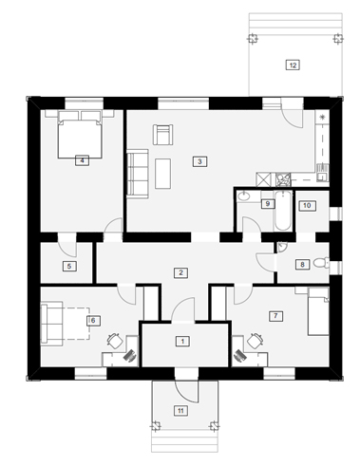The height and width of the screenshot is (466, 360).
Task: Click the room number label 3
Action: pyautogui.click(x=199, y=161)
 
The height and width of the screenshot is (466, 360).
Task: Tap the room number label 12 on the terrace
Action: pyautogui.click(x=293, y=65)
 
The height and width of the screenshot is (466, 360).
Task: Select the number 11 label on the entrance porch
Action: pyautogui.click(x=180, y=411)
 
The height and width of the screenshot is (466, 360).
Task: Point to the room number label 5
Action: pyautogui.click(x=69, y=266)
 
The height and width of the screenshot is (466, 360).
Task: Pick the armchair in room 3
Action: pyautogui.click(x=163, y=135)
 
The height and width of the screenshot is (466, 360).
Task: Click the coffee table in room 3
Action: pyautogui.click(x=162, y=174)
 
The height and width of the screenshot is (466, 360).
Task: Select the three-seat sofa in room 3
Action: pyautogui.click(x=138, y=174)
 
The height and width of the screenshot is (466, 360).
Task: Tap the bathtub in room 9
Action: pyautogui.click(x=282, y=211)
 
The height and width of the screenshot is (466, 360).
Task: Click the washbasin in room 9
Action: pyautogui.click(x=244, y=196)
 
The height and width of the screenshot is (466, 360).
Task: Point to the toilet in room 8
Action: pyautogui.click(x=321, y=263)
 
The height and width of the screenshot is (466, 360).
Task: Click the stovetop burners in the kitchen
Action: pyautogui.click(x=282, y=179)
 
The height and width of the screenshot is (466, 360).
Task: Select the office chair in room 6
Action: pyautogui.click(x=115, y=341)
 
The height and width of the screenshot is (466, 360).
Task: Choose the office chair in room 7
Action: pyautogui.click(x=256, y=341)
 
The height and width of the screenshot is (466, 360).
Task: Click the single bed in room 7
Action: pyautogui.click(x=318, y=311)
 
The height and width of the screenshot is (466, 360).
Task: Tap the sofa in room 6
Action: pyautogui.click(x=51, y=324)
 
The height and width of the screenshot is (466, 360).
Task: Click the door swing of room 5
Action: pyautogui.click(x=67, y=245)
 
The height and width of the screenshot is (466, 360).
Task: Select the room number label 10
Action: pyautogui.click(x=307, y=205)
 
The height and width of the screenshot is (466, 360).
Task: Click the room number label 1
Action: pyautogui.click(x=182, y=342)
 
